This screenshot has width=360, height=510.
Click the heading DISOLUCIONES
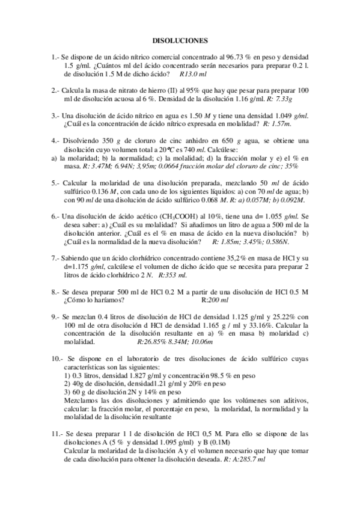coord(180,41)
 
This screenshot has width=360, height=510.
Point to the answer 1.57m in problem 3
coord(277,123)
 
